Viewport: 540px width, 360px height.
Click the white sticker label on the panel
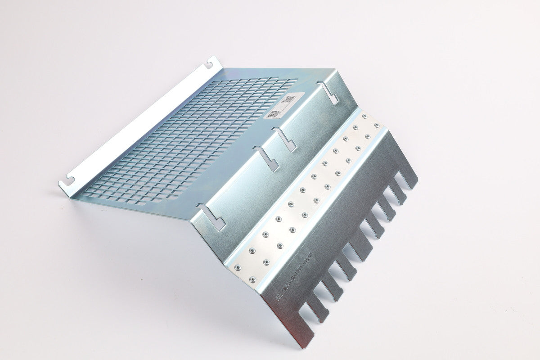click(281, 106)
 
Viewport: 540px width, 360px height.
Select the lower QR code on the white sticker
click(271, 114)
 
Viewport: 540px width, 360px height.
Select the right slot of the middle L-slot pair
click(286, 140)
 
